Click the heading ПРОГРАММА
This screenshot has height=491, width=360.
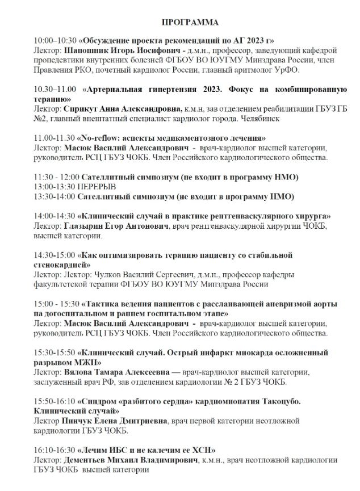(189, 23)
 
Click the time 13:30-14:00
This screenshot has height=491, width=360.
(55, 196)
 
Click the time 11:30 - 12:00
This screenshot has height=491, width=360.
(57, 177)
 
